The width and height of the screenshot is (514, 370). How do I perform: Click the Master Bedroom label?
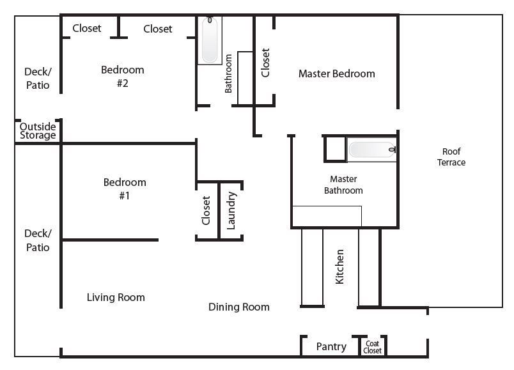[337, 73]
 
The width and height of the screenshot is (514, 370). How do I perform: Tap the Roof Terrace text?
[451, 157]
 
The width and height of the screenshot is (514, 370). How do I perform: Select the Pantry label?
[331, 347]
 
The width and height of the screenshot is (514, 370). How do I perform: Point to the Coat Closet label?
[372, 347]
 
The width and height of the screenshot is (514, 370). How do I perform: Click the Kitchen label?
[339, 266]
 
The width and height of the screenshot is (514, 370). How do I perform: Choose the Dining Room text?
[239, 307]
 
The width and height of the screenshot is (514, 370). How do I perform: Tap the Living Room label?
[116, 297]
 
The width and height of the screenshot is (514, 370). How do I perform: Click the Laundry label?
[231, 211]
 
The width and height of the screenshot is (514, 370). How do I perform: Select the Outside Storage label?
[38, 131]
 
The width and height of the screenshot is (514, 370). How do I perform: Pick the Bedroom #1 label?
[125, 189]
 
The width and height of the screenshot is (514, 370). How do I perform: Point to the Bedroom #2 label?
[123, 76]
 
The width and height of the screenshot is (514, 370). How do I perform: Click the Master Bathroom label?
[343, 185]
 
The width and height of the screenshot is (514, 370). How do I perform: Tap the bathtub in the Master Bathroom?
[372, 150]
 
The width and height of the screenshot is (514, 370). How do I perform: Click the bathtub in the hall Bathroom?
[210, 40]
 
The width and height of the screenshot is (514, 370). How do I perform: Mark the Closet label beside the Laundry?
[206, 211]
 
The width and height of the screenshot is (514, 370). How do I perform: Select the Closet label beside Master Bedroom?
[265, 63]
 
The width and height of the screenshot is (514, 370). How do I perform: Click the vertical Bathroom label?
[228, 73]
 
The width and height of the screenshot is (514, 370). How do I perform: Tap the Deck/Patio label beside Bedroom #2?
[38, 79]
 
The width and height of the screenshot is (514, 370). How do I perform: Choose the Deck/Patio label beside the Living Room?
[38, 240]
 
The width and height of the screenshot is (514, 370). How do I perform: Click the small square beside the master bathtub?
[336, 149]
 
